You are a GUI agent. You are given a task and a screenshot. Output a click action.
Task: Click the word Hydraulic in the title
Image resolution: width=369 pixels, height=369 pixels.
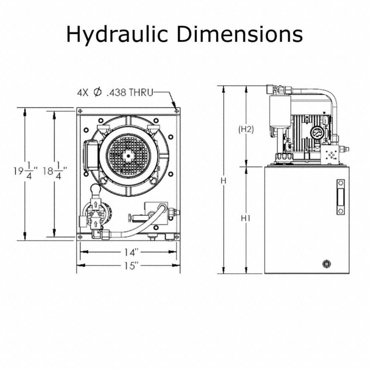click(x=117, y=35)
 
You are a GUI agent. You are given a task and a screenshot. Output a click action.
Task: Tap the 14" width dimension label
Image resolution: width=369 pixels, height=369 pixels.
click(x=131, y=252)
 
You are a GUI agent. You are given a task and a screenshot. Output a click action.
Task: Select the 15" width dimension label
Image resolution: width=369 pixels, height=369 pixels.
click(x=131, y=266)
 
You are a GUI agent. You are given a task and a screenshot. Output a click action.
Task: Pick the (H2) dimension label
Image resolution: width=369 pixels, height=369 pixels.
click(x=246, y=129)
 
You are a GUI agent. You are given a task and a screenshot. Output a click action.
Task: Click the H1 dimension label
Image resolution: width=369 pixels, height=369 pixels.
click(x=246, y=218)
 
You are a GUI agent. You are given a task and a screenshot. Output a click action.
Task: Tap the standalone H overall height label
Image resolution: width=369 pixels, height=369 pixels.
click(x=223, y=181)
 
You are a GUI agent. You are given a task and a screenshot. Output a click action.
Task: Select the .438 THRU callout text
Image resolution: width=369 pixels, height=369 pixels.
click(x=130, y=93)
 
